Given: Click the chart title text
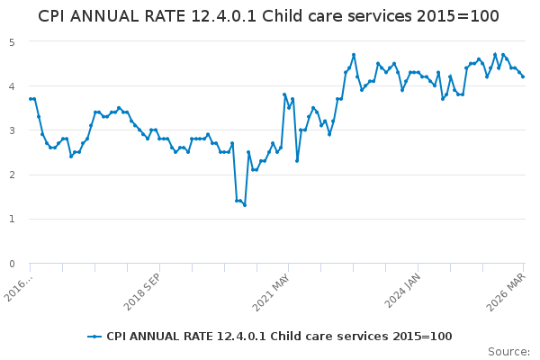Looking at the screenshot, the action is (268, 16).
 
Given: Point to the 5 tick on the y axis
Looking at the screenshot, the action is (12, 42).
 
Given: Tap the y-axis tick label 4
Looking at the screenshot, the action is (12, 86).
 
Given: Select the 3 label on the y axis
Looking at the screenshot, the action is (12, 130).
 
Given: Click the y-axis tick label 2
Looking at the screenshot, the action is (12, 175).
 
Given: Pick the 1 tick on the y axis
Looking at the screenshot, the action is (12, 219).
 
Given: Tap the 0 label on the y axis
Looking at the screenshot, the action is (12, 264).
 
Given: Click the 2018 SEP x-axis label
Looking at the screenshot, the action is (141, 292).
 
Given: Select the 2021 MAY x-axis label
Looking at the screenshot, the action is (271, 292).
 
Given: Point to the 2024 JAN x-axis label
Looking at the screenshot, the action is (402, 291).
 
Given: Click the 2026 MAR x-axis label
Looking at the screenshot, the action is (506, 292).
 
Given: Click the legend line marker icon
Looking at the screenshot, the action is (94, 337).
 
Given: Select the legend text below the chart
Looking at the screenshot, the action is (279, 337).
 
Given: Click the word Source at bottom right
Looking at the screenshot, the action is (508, 352).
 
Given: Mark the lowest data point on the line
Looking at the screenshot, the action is (245, 205).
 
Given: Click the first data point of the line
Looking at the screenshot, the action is (31, 99).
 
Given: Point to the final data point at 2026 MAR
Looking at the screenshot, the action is (523, 76).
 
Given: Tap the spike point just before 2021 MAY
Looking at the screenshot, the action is (284, 94).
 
